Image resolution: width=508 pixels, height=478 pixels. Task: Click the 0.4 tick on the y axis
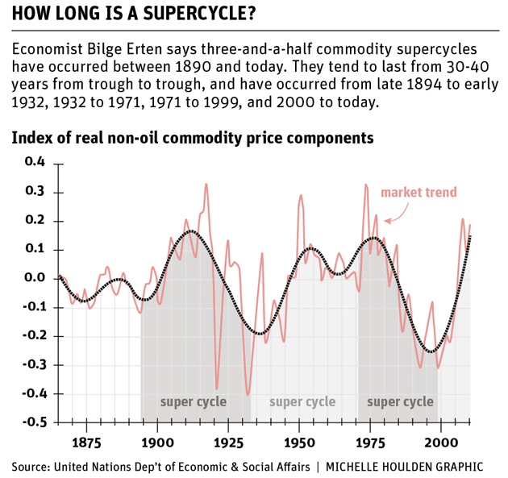pos(34,163)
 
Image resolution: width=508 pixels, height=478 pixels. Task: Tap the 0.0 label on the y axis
pos(34,278)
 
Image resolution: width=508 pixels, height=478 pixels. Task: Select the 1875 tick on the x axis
pos(85,443)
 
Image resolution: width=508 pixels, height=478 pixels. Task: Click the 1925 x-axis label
pos(227,443)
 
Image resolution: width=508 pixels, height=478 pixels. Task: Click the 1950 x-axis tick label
pos(298,443)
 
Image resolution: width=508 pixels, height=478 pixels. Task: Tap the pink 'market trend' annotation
pos(418,192)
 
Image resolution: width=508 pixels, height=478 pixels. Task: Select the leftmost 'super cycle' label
pos(193,401)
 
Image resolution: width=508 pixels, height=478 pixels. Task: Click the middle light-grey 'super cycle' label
pos(302,401)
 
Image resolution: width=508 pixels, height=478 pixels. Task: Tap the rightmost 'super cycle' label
pos(400,401)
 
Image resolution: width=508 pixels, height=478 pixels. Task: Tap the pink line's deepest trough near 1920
pos(217,389)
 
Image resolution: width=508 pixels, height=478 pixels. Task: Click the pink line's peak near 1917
pos(206,185)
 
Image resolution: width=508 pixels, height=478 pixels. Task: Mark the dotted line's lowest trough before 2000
pos(433,351)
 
